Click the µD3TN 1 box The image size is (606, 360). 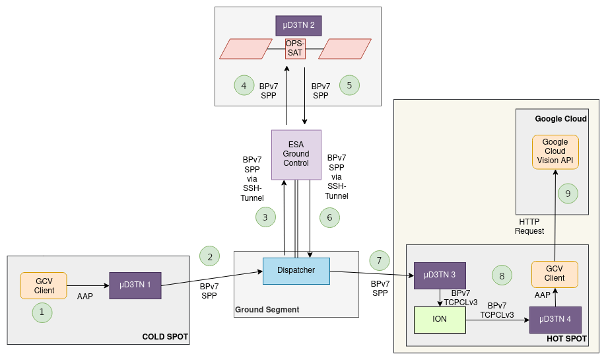pos(135,285)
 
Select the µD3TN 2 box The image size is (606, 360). pos(298,25)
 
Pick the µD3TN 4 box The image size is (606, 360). pos(555,320)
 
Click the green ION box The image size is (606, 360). pos(439,320)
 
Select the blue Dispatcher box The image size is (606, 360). pos(296,270)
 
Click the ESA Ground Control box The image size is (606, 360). pos(296,154)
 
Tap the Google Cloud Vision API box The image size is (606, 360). pos(555,151)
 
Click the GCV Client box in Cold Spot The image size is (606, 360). pos(44,285)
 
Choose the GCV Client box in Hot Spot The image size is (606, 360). pos(555,273)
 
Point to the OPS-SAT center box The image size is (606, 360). pos(295,48)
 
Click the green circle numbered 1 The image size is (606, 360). pos(42,312)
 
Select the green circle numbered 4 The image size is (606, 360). pos(244,85)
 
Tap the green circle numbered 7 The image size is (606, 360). pos(379,260)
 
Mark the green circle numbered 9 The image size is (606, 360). pos(567,193)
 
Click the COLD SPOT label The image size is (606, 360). pos(165,337)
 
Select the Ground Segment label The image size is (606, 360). pos(267,309)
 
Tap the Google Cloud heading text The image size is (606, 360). pos(560,119)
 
